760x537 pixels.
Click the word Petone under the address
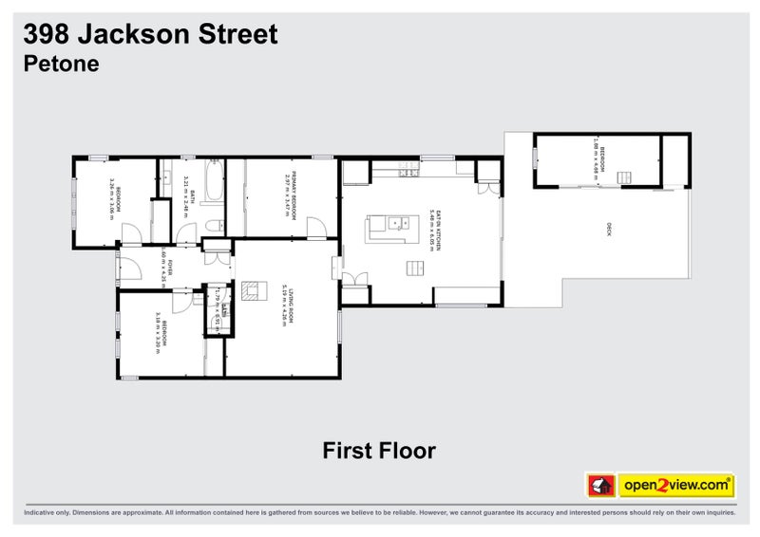click(61, 65)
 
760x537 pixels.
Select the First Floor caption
click(378, 450)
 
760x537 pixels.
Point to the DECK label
click(609, 229)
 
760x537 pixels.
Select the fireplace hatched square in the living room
click(250, 290)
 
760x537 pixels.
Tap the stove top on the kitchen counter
click(408, 171)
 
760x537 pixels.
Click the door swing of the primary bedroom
click(316, 227)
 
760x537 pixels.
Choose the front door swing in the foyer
click(129, 268)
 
